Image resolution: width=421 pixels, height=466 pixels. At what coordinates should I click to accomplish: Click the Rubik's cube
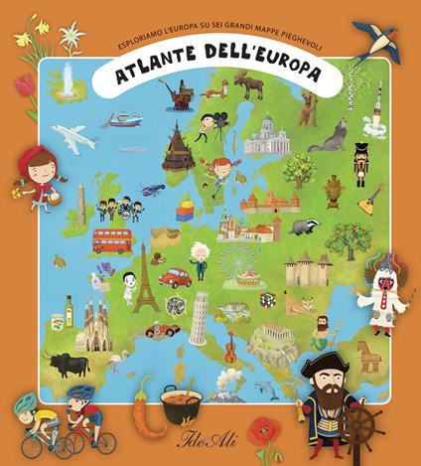pos(266,299)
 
